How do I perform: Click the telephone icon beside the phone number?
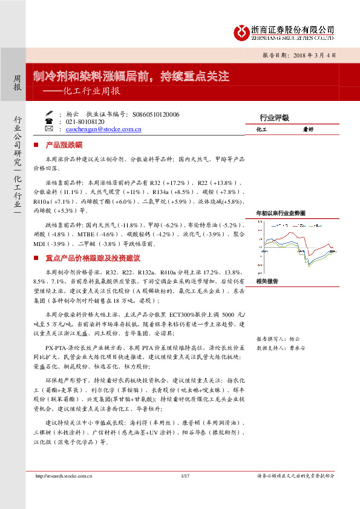pyautogui.click(x=48, y=121)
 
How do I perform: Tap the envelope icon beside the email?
pyautogui.click(x=48, y=129)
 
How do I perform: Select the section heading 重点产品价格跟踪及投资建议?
pyautogui.click(x=93, y=258)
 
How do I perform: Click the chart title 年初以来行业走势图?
pyautogui.click(x=280, y=213)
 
